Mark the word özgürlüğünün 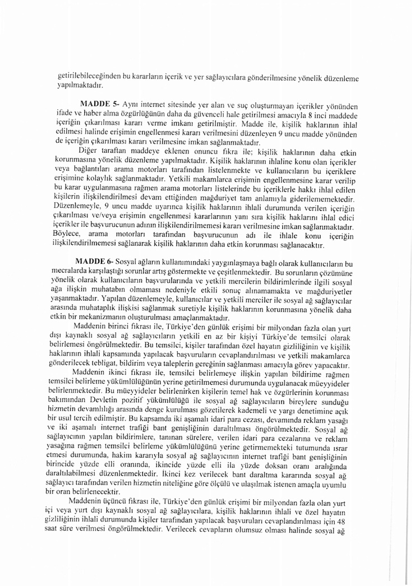147,114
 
